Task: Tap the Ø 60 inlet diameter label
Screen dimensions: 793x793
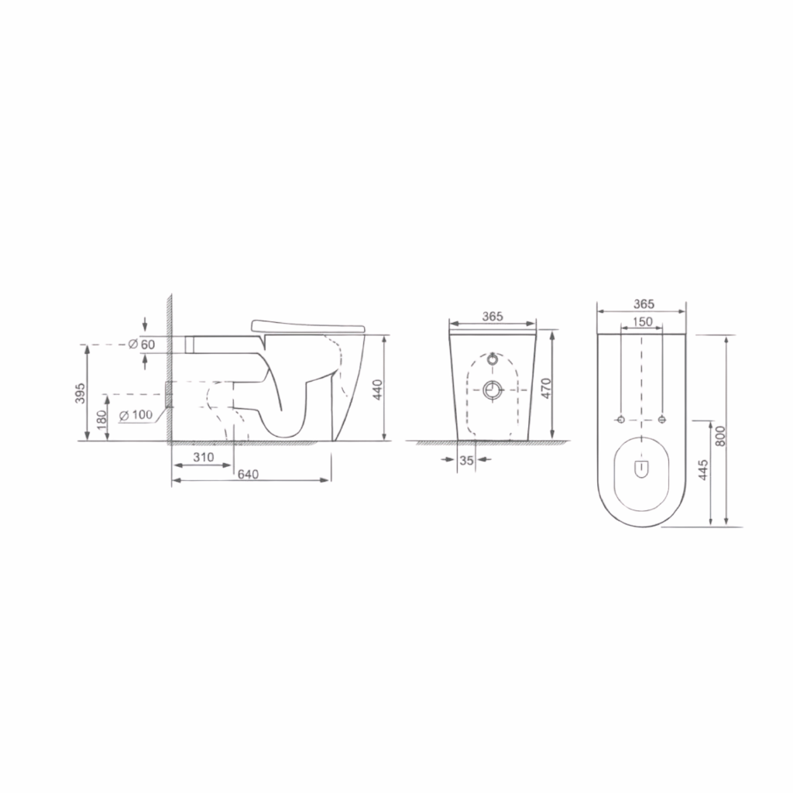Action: (x=142, y=343)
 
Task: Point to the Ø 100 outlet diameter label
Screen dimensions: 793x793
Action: (x=136, y=414)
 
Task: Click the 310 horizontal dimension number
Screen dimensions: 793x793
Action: (x=203, y=457)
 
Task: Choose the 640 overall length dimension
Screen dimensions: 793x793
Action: (x=248, y=474)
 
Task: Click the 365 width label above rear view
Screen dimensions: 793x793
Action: (x=493, y=316)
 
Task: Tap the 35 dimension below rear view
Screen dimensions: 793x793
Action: (x=465, y=459)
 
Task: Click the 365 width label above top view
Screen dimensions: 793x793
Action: (x=642, y=304)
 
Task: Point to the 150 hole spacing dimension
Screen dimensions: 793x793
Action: (x=642, y=321)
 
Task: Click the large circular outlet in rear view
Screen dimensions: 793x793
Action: (x=493, y=390)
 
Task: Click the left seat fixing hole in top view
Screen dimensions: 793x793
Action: (x=620, y=419)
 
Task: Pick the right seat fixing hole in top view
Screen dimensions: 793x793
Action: (x=662, y=419)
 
